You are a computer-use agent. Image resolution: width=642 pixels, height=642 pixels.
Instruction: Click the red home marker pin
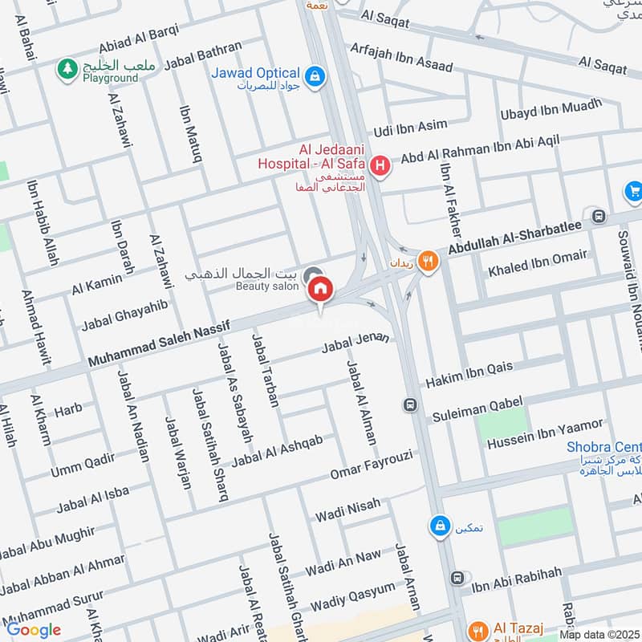321,288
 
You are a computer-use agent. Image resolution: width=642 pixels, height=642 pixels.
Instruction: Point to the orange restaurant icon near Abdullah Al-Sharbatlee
429,259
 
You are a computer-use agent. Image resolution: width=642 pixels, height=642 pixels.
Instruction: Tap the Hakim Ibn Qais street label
469,373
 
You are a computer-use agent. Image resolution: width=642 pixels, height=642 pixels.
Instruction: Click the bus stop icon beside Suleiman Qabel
411,404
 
